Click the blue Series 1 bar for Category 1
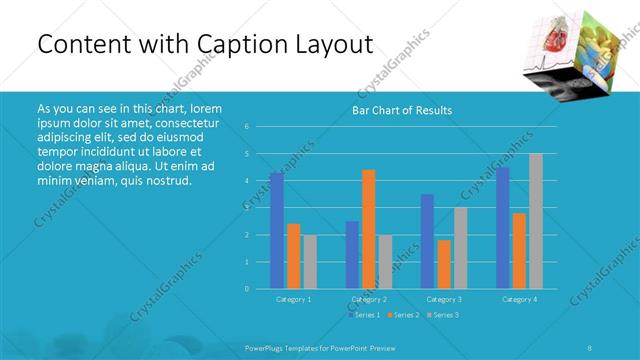tap(277, 230)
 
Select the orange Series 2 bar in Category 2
tap(369, 229)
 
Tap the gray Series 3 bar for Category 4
tap(536, 221)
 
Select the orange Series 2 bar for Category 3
tap(444, 264)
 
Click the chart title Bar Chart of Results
tap(402, 110)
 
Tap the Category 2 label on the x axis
tap(369, 299)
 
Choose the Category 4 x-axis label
tap(519, 299)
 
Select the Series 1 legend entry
tap(365, 315)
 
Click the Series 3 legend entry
tap(442, 315)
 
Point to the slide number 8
tap(590, 347)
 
